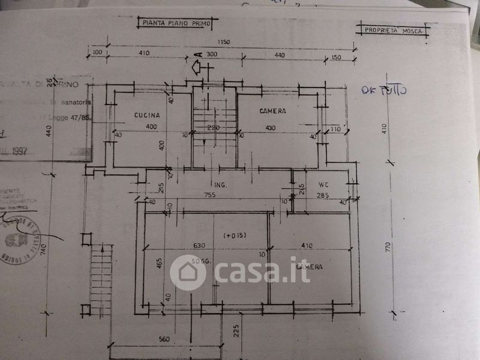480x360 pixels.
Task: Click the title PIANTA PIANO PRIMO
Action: click(175, 23)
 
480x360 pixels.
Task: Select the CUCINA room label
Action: click(147, 115)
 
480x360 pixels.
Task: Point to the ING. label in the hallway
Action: click(220, 185)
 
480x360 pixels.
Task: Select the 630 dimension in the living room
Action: click(199, 245)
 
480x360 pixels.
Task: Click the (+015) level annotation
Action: click(235, 235)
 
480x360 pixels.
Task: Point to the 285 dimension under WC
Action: click(322, 195)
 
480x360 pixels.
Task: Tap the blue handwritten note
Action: click(385, 91)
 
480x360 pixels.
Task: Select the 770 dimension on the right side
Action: click(389, 247)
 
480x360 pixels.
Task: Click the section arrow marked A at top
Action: click(198, 66)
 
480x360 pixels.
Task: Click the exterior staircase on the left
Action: click(102, 276)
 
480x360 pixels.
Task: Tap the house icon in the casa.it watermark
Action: click(188, 272)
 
